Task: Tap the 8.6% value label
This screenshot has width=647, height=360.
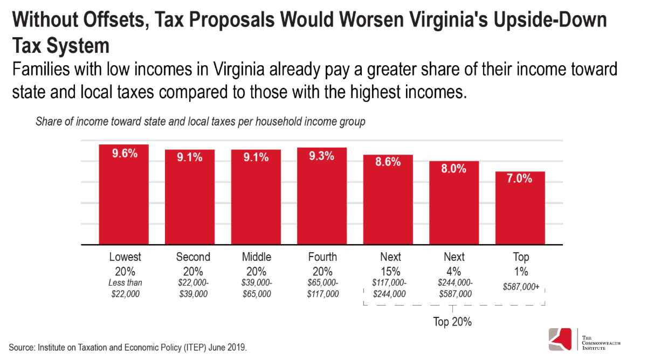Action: (388, 162)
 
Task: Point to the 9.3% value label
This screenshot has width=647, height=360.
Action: (322, 156)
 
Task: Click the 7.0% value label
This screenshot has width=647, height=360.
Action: (520, 179)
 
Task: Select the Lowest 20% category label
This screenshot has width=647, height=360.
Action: (125, 262)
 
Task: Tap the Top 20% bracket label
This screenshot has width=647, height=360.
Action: (453, 322)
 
